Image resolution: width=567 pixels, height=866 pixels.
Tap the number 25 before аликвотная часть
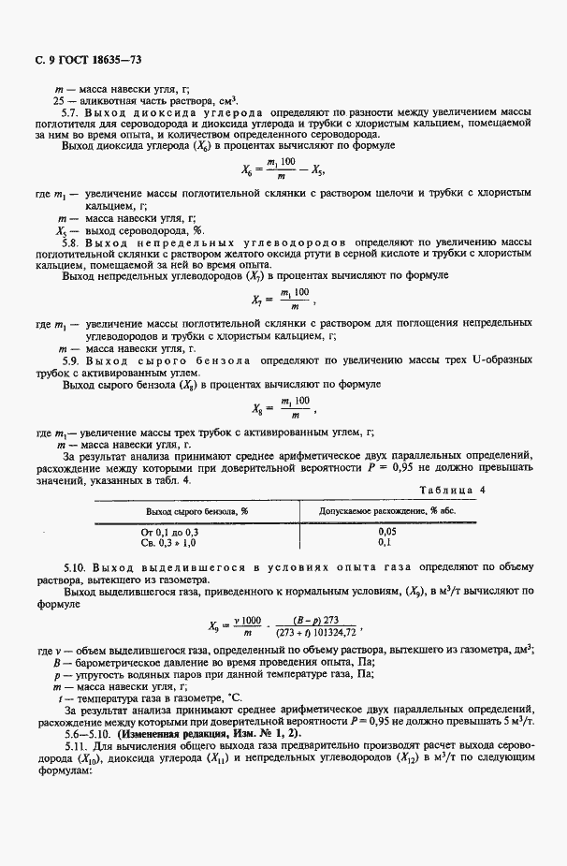(x=58, y=99)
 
